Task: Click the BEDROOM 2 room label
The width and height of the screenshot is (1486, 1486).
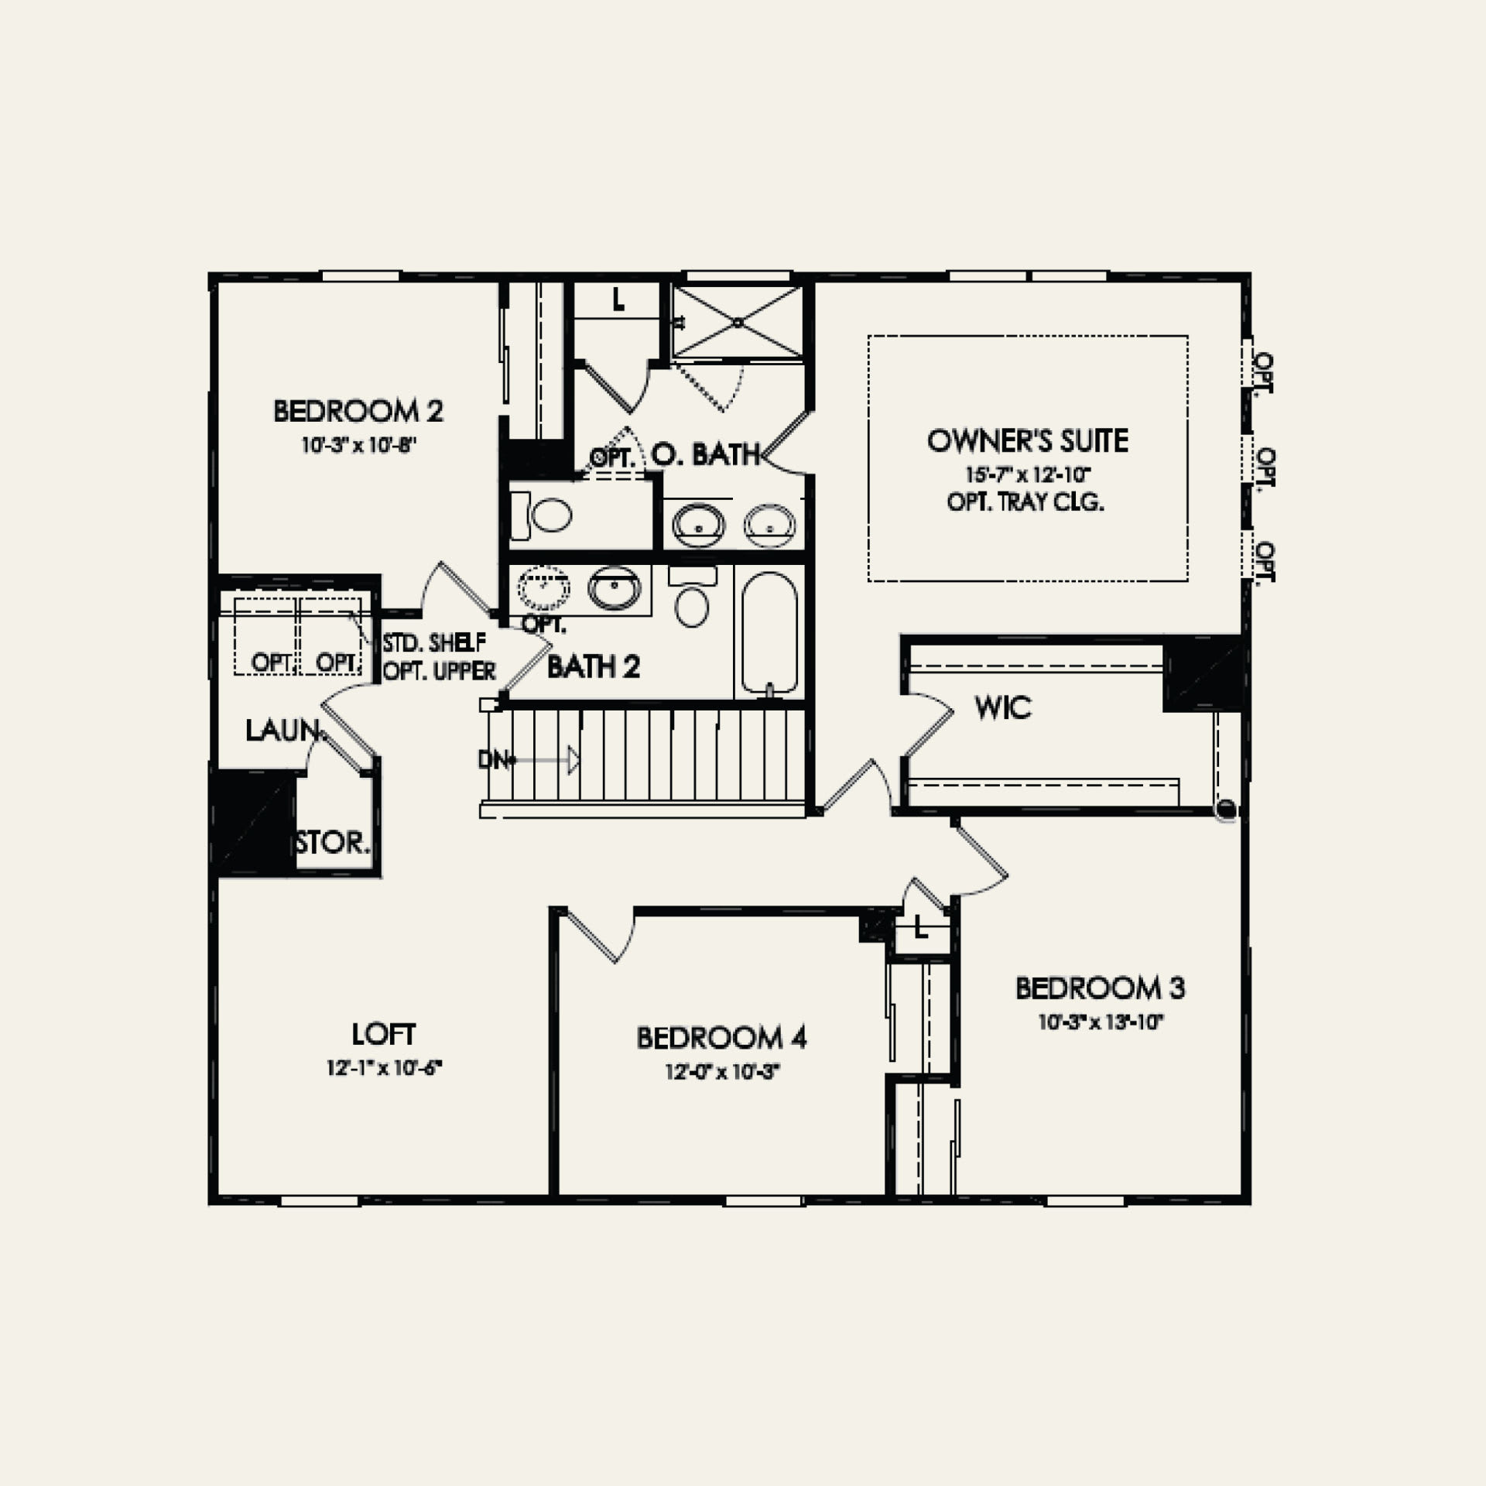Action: (x=358, y=411)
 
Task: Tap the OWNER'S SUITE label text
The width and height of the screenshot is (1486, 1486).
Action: (x=1027, y=441)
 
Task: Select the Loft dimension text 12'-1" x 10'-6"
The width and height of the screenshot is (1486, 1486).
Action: (x=384, y=1068)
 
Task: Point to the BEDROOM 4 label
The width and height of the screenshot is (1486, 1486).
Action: (x=721, y=1038)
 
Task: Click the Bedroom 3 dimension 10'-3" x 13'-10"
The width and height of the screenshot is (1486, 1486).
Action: (x=1101, y=1022)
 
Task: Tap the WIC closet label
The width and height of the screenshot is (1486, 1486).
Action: (x=1003, y=707)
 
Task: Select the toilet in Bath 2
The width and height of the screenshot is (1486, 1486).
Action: (x=692, y=599)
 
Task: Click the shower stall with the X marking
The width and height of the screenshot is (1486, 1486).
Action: (x=737, y=322)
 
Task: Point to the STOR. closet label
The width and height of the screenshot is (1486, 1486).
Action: (x=333, y=843)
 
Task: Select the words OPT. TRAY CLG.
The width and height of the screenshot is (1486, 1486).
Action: (x=1025, y=502)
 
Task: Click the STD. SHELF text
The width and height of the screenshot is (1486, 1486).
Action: (x=435, y=642)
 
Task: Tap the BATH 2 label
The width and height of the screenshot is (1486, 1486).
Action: (x=594, y=667)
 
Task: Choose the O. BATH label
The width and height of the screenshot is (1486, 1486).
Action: (x=704, y=454)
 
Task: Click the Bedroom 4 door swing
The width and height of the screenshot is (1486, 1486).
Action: (x=604, y=935)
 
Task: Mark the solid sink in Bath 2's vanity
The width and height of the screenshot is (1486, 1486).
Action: (x=615, y=588)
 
